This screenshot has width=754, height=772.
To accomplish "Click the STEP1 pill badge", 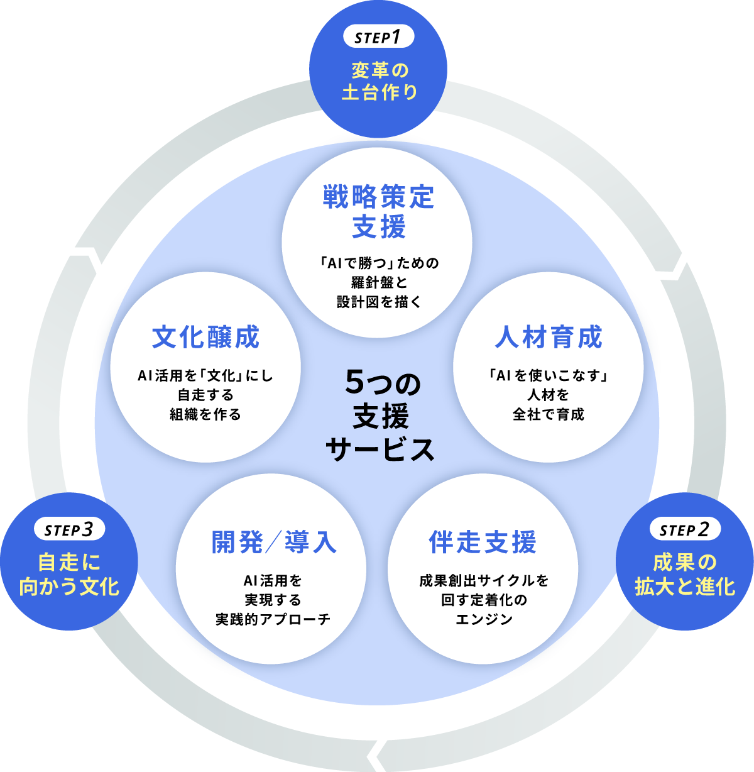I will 378,37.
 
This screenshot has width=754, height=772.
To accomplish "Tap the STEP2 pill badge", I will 684,530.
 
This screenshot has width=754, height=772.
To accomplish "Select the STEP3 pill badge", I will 70,530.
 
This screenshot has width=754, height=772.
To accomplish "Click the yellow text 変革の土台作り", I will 379,80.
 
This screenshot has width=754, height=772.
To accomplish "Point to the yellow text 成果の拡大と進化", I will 684,574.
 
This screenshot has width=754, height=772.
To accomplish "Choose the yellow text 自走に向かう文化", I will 69,574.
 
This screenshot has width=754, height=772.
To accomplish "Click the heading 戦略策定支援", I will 378,212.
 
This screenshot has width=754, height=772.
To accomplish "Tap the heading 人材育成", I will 549,338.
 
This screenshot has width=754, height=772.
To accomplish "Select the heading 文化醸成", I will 206,338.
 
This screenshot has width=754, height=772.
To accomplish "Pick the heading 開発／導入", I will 274,542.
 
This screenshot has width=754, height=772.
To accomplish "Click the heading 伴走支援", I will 483,542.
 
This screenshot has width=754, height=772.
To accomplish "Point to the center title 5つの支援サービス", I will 380,416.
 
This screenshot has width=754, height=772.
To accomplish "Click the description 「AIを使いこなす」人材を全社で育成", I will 549,395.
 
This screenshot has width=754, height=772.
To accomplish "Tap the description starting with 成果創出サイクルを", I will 483,600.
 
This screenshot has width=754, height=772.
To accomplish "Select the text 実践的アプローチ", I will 273,619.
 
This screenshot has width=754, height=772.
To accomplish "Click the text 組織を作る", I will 205,414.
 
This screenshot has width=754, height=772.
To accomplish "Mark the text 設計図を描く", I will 378,302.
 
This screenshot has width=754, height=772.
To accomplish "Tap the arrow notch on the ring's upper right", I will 672,268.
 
